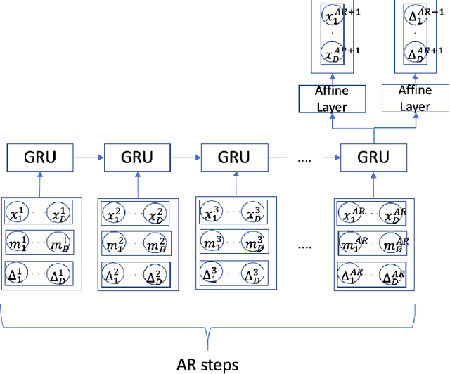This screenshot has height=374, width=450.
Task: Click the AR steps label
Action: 208,364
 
